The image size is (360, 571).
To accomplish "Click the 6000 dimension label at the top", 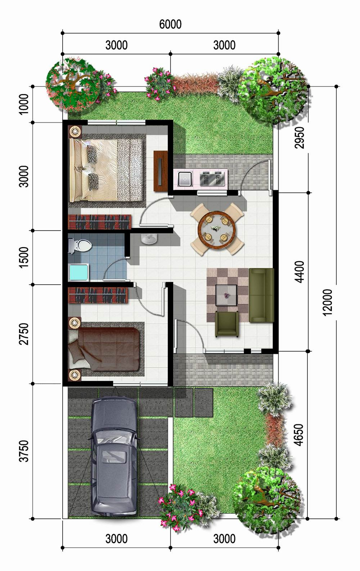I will tap(170, 24).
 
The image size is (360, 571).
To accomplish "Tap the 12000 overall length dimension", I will tap(328, 302).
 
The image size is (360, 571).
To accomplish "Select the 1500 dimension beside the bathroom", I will tap(24, 257).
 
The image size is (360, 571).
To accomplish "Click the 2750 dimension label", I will tap(24, 334).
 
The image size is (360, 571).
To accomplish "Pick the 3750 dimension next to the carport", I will tap(24, 451).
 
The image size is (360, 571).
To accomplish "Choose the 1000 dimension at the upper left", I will tap(24, 104).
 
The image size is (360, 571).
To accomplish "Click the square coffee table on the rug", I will tap(226, 295).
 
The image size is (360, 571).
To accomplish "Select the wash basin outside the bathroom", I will tap(149, 238).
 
